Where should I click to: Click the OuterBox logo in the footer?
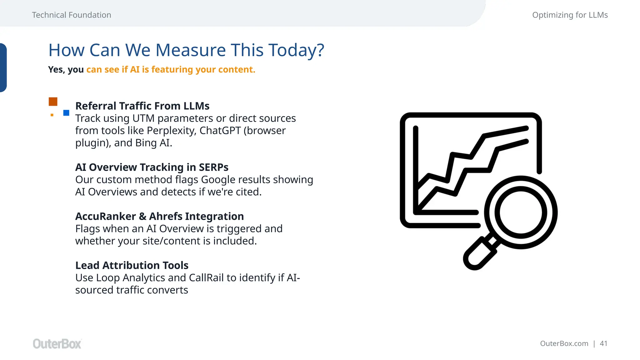click(57, 344)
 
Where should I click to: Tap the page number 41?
click(603, 343)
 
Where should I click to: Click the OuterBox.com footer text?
click(564, 343)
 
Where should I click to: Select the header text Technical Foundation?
click(71, 15)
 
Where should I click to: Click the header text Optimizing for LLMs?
click(570, 15)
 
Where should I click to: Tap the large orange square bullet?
click(53, 102)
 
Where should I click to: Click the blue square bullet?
click(66, 113)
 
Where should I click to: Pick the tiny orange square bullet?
click(52, 115)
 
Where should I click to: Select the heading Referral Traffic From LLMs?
click(142, 106)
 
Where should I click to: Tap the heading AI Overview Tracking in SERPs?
click(152, 167)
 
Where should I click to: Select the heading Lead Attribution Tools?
click(132, 265)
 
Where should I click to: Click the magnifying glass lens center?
click(521, 212)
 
